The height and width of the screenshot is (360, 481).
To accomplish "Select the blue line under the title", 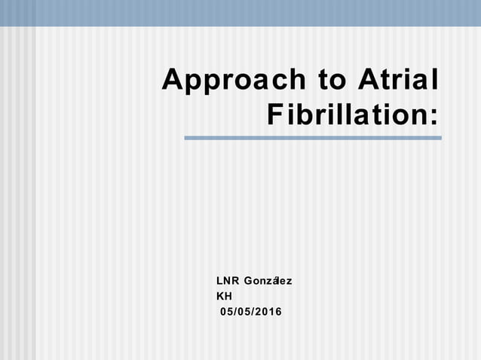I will (x=313, y=138).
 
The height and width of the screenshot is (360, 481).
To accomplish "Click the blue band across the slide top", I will (x=240, y=13).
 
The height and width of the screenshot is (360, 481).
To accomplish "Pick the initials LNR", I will (x=227, y=282).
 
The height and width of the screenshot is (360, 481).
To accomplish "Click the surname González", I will (x=268, y=282).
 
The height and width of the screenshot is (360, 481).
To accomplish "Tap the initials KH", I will (x=224, y=297).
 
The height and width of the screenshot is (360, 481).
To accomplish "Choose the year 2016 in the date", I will (x=268, y=312).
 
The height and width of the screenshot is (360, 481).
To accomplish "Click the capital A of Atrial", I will (x=364, y=80).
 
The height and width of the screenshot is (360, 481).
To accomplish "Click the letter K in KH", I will (x=220, y=297).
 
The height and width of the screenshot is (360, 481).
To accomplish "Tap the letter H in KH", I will (x=228, y=297).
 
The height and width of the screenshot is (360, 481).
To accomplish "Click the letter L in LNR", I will (x=219, y=282).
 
